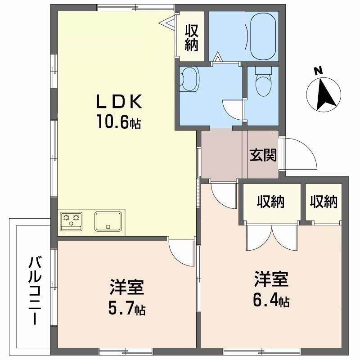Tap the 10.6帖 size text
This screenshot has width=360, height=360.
pos(118,121)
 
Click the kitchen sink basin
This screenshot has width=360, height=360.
pos(108,221)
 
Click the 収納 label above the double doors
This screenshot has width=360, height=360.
pos(270,202)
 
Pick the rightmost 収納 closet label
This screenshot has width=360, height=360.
pos(324,202)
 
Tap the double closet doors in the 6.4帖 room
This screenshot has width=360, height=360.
pos(271,236)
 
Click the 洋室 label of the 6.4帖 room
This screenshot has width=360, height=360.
pos(270,279)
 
